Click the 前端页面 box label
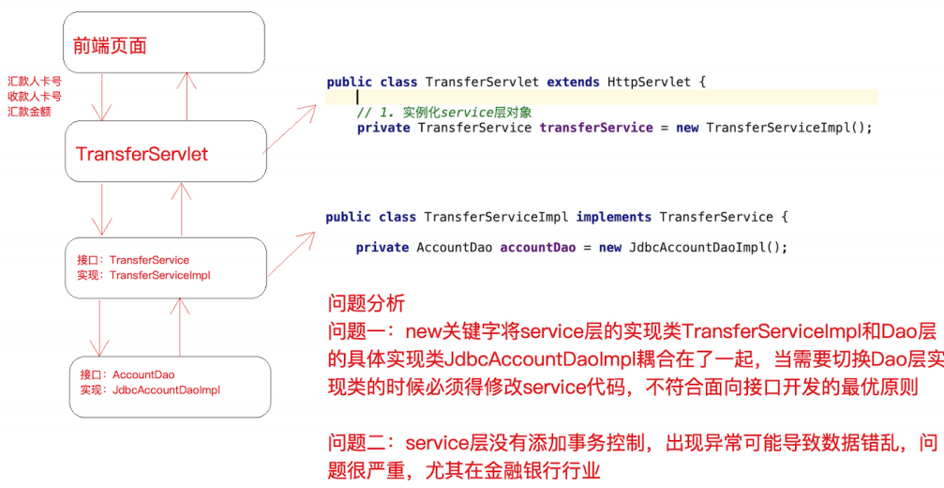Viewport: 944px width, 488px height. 110,45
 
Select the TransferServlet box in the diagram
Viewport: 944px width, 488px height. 142,153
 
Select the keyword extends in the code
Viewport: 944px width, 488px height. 573,82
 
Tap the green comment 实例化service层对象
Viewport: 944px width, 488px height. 467,113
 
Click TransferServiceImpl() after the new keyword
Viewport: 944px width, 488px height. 788,128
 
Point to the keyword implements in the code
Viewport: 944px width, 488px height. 614,217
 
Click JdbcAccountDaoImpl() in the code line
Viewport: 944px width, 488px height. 707,247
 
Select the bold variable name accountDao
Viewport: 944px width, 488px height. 537,247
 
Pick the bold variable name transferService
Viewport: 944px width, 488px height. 595,128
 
